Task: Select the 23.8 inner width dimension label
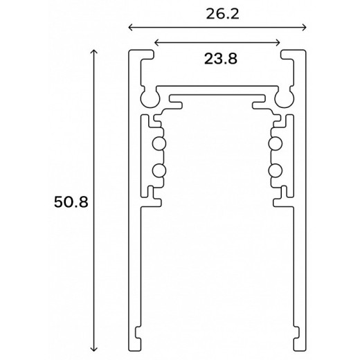(x=221, y=59)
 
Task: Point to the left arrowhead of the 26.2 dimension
(x=130, y=28)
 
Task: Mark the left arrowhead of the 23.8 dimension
(x=156, y=43)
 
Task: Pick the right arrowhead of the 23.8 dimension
(x=279, y=43)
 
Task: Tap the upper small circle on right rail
(x=274, y=144)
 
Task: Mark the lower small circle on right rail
(x=274, y=171)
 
